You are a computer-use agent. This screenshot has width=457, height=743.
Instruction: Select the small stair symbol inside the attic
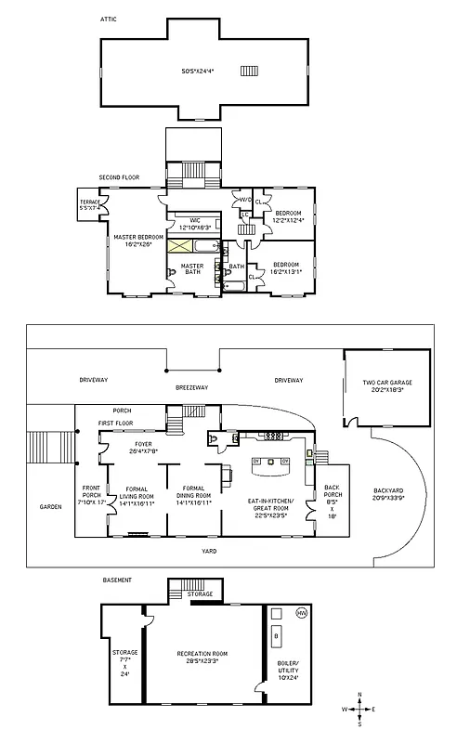pos(249,71)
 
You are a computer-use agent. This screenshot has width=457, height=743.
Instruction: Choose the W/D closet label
pos(246,200)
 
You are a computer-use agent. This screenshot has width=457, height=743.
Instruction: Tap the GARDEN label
pos(50,507)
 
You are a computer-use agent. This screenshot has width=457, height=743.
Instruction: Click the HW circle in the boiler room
pos(301,614)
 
